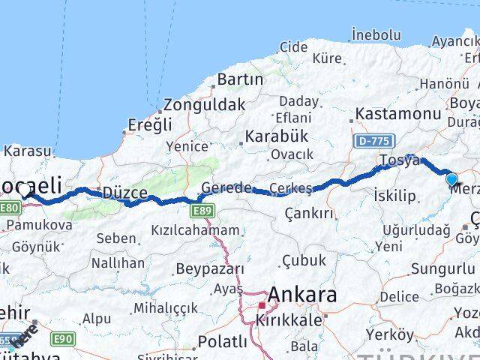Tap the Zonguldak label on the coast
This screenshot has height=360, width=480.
[x=204, y=105]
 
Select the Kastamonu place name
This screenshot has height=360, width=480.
[x=397, y=113]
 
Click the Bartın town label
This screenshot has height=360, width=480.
[x=240, y=79]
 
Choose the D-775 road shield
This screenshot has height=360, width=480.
[x=372, y=139]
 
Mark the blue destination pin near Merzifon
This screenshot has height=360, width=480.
[x=451, y=179]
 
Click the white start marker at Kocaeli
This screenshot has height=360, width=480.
[x=25, y=190]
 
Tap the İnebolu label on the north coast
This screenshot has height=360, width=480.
[x=375, y=34]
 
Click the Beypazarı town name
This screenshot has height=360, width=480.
[x=210, y=268]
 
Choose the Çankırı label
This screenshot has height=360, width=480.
[x=309, y=214]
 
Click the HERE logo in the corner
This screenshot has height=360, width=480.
[x=25, y=332]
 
